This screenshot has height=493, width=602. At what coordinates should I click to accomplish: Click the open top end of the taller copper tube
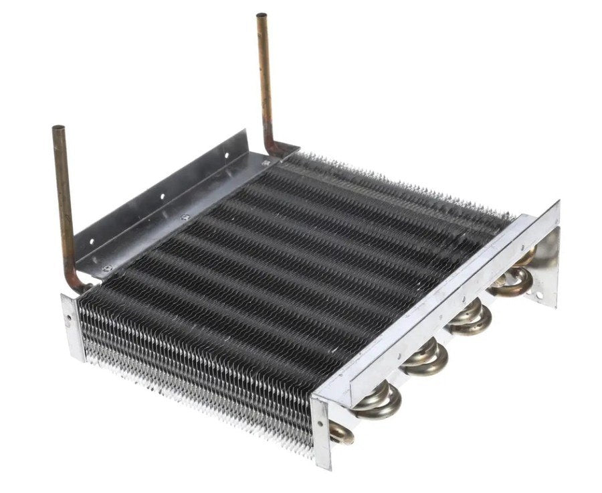tap(262, 15)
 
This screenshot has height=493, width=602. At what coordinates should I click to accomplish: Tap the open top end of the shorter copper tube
tap(58, 128)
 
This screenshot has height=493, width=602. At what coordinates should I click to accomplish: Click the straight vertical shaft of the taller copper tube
tap(265, 80)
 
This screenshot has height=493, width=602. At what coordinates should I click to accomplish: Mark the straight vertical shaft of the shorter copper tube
tap(64, 201)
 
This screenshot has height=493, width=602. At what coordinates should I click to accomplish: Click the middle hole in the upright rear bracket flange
tap(161, 197)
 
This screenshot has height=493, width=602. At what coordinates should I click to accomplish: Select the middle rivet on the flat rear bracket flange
tap(185, 217)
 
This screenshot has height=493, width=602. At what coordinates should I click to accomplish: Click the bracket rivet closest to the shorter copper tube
tap(106, 269)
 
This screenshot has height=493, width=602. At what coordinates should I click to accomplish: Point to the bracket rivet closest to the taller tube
tap(265, 163)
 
